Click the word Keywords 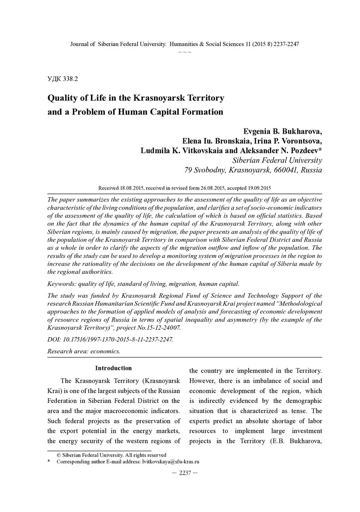click(64, 284)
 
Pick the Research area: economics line click(84, 351)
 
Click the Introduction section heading click(114, 368)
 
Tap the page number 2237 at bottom click(180, 473)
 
